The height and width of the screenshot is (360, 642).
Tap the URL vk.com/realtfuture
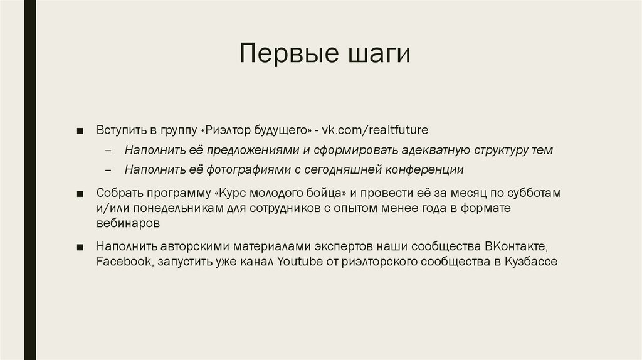(375, 130)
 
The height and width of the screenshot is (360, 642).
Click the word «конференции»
(424, 169)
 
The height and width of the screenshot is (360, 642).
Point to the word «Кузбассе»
(530, 262)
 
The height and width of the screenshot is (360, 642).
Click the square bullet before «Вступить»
(80, 131)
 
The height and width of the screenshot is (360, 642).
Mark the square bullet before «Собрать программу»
(80, 193)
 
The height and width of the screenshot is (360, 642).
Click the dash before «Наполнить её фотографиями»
(109, 170)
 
